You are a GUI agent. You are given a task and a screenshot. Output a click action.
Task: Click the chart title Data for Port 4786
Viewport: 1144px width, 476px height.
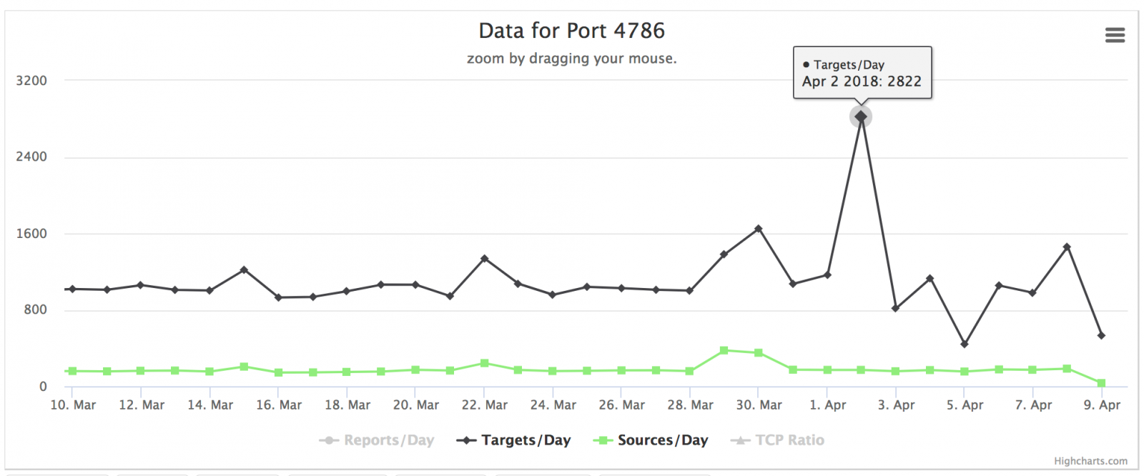[571, 31]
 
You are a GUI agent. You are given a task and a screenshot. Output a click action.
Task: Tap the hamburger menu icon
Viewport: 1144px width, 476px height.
[1115, 35]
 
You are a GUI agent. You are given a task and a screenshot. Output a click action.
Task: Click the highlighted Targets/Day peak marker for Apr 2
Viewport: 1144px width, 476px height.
[861, 116]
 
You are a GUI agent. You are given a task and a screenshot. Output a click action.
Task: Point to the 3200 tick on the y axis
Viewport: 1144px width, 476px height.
[31, 81]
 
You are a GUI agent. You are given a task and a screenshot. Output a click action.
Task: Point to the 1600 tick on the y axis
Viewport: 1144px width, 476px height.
[31, 234]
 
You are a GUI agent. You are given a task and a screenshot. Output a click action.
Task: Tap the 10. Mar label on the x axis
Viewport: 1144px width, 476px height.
[73, 405]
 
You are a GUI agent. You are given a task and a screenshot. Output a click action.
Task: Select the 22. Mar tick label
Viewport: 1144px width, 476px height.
[485, 405]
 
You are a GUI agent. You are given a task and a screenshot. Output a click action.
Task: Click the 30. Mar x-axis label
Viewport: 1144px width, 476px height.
[759, 405]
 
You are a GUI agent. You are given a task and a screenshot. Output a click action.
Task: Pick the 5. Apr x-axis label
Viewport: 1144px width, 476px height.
[965, 405]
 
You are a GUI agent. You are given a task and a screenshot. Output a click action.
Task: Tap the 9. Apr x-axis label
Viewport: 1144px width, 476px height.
[1102, 405]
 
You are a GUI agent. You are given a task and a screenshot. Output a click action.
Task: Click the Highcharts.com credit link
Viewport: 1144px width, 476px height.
[1090, 461]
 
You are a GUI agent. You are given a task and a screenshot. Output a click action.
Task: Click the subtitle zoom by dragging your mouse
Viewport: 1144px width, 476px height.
[571, 59]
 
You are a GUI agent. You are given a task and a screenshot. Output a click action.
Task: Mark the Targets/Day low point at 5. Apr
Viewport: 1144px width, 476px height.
[965, 344]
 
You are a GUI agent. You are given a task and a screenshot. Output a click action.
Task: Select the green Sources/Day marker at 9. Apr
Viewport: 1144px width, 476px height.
[1101, 384]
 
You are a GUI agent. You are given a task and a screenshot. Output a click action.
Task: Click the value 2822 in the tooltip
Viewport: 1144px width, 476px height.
[904, 81]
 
